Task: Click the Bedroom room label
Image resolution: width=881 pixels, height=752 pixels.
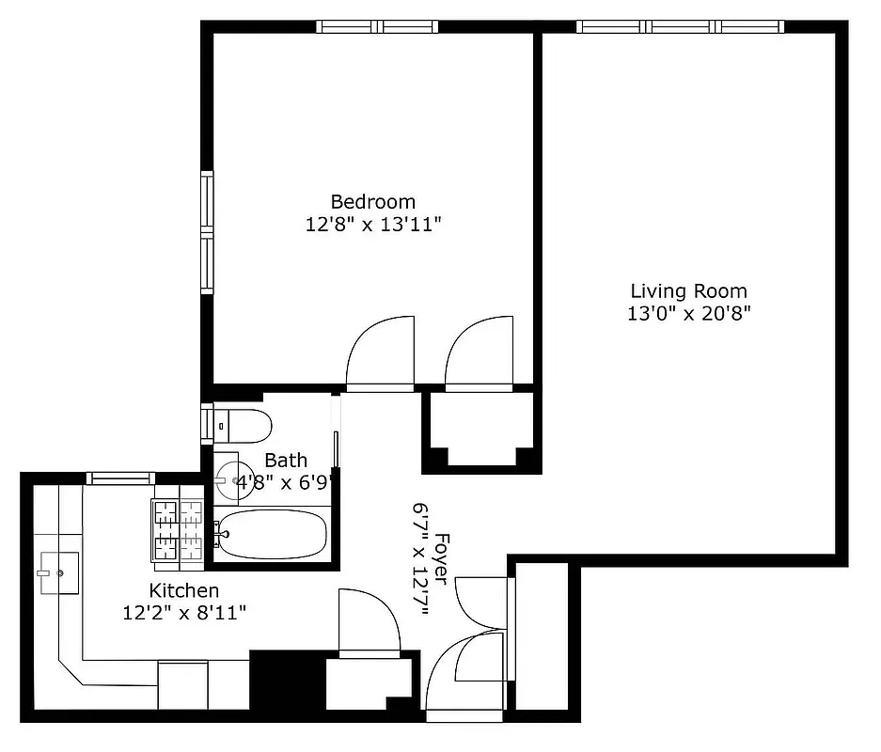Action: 372,201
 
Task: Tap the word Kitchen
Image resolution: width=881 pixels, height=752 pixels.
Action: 184,590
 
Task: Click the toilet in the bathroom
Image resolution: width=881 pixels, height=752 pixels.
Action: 242,425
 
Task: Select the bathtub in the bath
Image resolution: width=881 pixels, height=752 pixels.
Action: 273,535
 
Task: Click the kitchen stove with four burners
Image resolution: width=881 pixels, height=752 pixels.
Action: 179,532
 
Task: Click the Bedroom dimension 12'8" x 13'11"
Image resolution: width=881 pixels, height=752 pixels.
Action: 372,225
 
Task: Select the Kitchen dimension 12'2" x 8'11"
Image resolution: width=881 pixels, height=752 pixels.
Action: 184,614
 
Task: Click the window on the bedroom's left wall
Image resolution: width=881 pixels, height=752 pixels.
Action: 206,232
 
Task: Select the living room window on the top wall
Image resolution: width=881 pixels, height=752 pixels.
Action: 680,26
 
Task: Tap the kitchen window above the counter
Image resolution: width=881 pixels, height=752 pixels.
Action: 120,478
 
